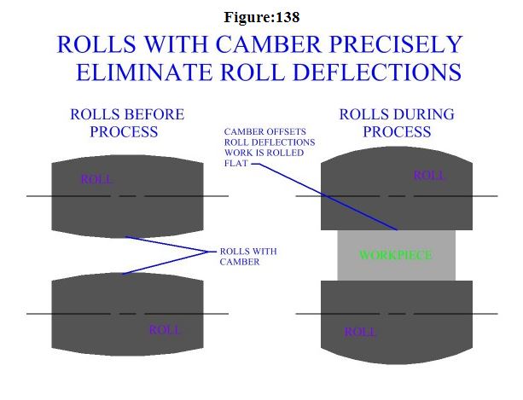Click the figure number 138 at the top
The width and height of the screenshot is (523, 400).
(287, 17)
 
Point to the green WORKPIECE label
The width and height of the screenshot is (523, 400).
(396, 255)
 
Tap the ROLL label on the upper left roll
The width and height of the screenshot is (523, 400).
(96, 179)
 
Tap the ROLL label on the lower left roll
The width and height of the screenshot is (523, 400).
(165, 329)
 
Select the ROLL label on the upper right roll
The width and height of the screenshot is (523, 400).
(429, 175)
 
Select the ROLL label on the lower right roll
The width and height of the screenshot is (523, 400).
(360, 331)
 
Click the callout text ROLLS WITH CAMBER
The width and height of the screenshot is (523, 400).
(247, 257)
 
